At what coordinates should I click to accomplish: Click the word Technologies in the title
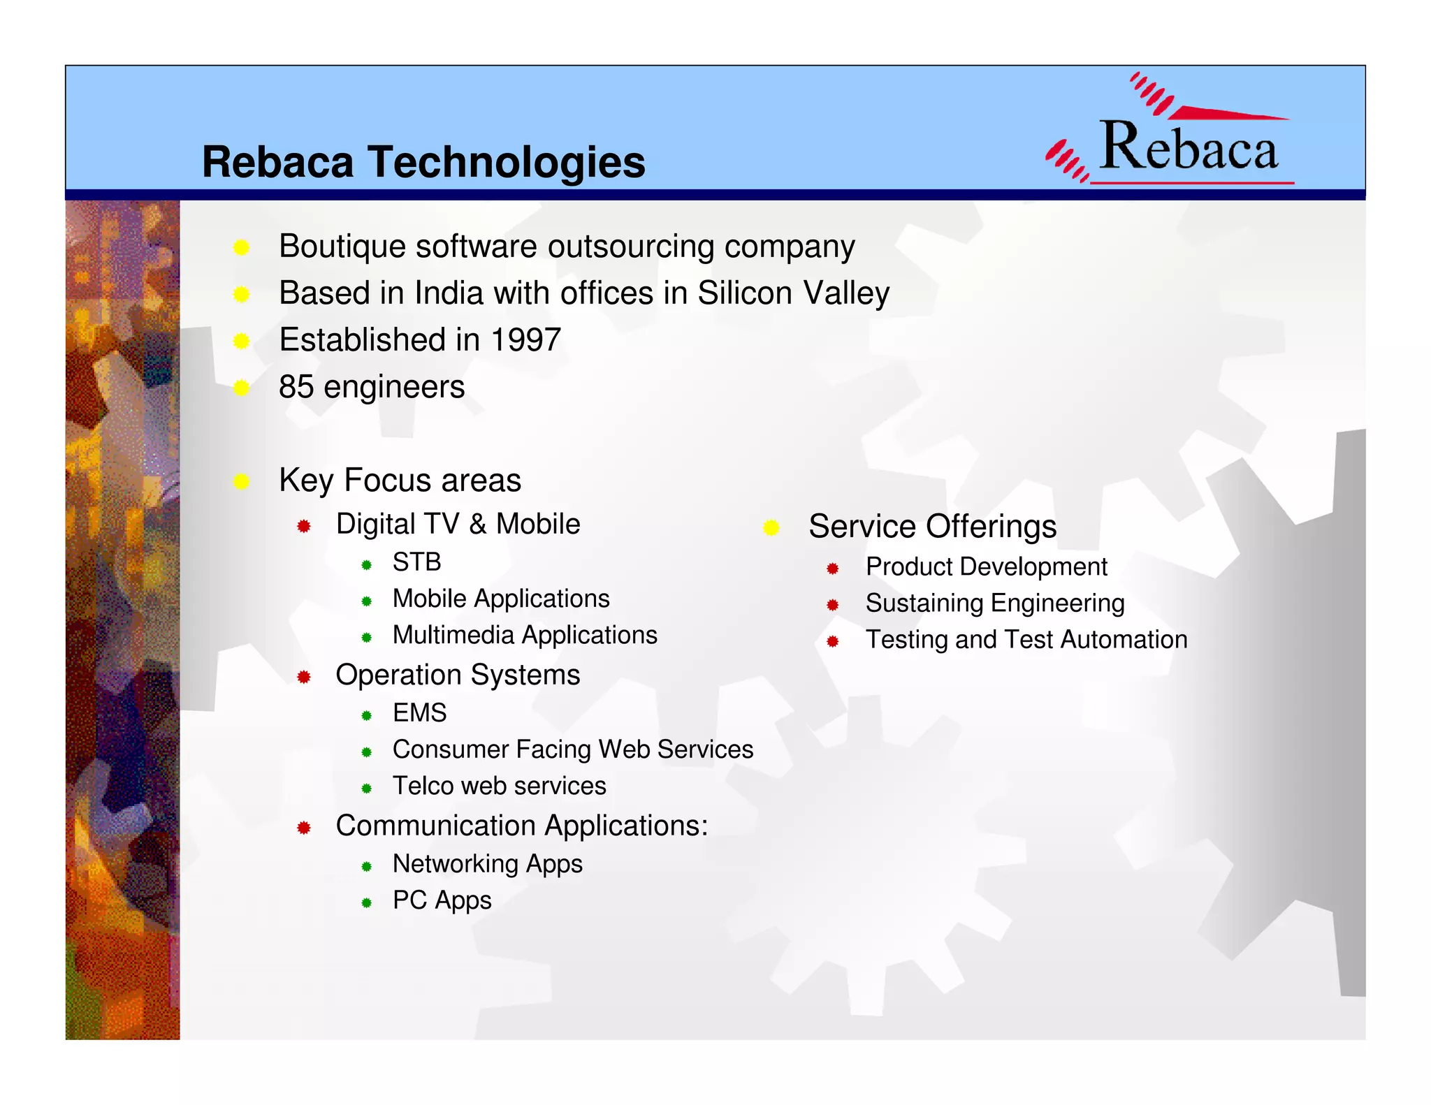point(507,162)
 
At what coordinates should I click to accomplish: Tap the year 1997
point(525,340)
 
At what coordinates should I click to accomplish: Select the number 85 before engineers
point(296,387)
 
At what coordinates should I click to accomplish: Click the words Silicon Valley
point(793,293)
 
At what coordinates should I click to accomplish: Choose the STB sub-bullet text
point(416,562)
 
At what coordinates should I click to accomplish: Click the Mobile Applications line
point(500,599)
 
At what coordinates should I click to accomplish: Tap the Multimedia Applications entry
point(524,635)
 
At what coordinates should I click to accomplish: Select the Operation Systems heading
point(458,675)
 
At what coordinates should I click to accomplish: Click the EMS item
point(419,713)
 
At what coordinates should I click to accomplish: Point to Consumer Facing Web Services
point(572,749)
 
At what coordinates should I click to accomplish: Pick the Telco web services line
point(499,786)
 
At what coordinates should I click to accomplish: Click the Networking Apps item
point(487,864)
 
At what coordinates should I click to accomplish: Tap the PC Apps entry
point(442,900)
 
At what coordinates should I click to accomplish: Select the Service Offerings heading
point(932,527)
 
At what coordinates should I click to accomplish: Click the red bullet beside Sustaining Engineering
point(832,605)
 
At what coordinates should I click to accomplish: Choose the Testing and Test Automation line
point(1026,640)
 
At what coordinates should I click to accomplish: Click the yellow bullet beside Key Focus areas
point(242,481)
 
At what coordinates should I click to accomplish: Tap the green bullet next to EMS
point(366,715)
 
